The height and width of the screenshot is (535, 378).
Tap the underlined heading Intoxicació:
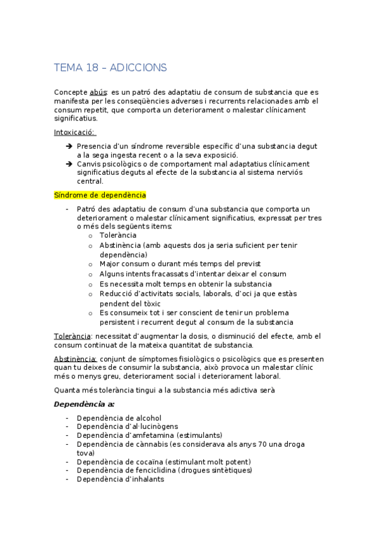coord(74,132)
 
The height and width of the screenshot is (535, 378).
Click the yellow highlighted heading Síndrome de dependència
coord(100,196)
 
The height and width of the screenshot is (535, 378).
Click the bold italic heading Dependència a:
coord(84,404)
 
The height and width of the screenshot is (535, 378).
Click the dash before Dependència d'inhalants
coord(67,479)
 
